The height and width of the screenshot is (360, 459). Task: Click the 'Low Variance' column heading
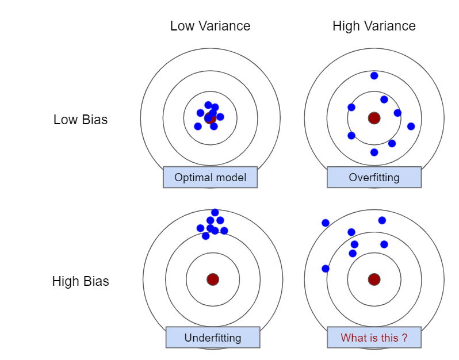pos(210,26)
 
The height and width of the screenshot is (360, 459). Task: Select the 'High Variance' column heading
pos(374,26)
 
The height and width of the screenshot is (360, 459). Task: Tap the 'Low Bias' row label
pos(81,120)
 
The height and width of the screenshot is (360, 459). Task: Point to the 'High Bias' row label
pos(81,281)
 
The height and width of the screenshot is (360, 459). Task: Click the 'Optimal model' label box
pos(210,177)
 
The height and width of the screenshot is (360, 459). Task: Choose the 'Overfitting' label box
pos(374,177)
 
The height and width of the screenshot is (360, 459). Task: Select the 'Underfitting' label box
pos(212,337)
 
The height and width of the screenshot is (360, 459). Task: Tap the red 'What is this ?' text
pos(374,338)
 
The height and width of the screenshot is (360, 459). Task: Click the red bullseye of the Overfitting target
pos(374,118)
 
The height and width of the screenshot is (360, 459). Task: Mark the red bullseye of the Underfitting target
pos(213,279)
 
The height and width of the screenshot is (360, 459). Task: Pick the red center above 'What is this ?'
pos(374,279)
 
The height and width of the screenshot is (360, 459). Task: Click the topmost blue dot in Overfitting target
pos(374,75)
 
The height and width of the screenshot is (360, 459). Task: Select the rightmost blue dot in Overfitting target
pos(411,126)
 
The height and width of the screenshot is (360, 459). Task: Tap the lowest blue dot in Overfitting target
pos(374,152)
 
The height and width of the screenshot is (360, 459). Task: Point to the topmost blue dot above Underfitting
pos(215,212)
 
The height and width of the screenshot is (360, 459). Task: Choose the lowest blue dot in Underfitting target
pos(205,236)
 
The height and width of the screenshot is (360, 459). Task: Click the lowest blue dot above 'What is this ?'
pos(326,269)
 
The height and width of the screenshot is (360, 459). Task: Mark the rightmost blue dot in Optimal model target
pos(220,117)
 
